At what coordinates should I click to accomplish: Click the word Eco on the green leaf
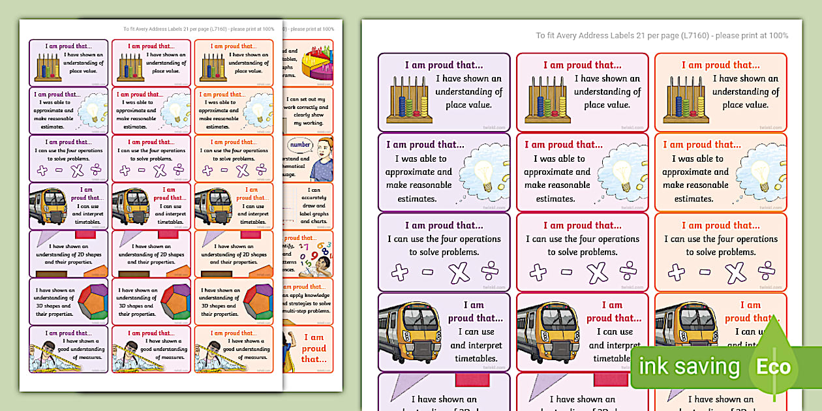tap(773, 367)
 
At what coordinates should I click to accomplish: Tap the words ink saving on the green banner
tap(689, 367)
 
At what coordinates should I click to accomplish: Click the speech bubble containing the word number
tap(301, 145)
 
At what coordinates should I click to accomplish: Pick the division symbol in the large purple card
tap(491, 272)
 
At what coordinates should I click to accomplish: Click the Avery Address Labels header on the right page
tap(662, 36)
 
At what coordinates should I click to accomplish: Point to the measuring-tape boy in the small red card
tap(130, 352)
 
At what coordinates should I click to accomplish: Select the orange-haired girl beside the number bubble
tap(321, 160)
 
